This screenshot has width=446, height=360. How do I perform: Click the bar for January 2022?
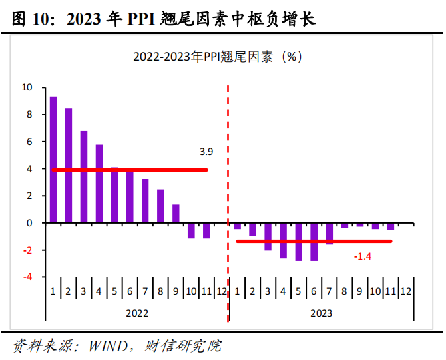(x=53, y=160)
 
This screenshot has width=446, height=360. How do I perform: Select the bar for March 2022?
(x=84, y=176)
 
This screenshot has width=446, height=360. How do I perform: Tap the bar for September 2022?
(x=176, y=214)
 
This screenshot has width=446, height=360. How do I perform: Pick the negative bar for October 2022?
(x=191, y=230)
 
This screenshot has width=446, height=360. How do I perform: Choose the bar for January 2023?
(x=237, y=226)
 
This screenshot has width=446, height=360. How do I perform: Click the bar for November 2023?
(x=391, y=227)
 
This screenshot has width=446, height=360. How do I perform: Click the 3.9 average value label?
(x=206, y=152)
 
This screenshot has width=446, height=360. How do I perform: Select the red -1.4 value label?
(x=362, y=256)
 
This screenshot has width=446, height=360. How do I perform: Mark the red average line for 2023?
(x=313, y=241)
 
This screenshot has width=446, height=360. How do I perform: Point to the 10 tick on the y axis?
(x=27, y=87)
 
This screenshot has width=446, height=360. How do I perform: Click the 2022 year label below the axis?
(x=137, y=313)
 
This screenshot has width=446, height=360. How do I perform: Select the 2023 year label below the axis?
(x=320, y=313)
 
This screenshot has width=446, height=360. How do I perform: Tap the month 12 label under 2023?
(x=406, y=291)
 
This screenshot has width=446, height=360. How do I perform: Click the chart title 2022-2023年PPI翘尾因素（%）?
(x=218, y=57)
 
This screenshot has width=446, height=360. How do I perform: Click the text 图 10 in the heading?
(x=34, y=19)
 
